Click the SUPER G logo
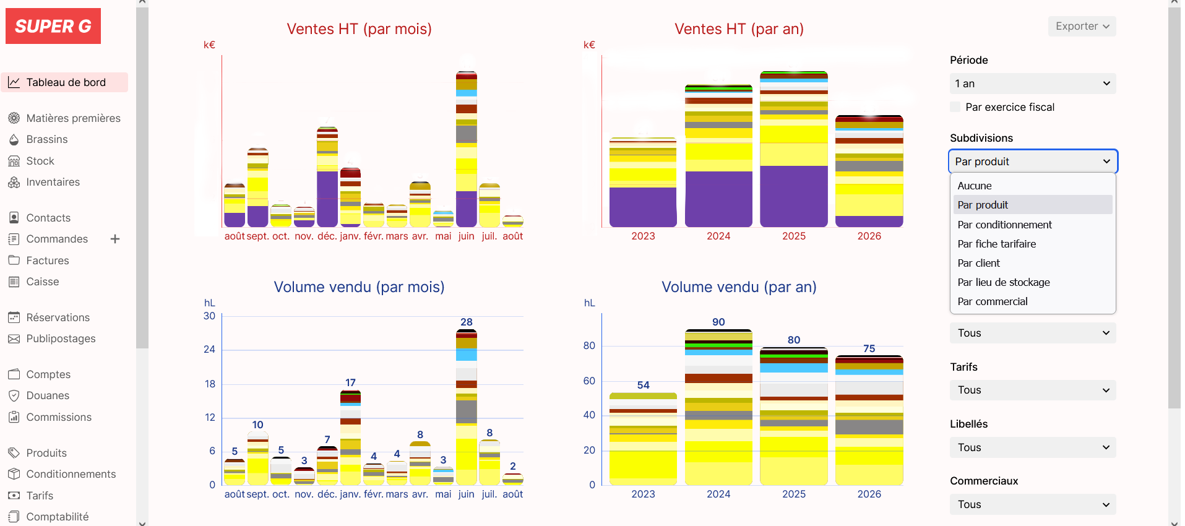pyautogui.click(x=53, y=26)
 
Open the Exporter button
pyautogui.click(x=1082, y=26)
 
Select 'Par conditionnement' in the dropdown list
pyautogui.click(x=1004, y=225)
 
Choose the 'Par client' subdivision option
pyautogui.click(x=978, y=263)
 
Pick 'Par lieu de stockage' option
pyautogui.click(x=1003, y=282)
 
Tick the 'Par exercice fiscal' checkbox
pyautogui.click(x=955, y=107)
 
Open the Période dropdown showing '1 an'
pyautogui.click(x=1033, y=84)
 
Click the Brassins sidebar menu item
pyautogui.click(x=47, y=139)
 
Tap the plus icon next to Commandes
pyautogui.click(x=115, y=239)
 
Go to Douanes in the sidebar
pyautogui.click(x=48, y=395)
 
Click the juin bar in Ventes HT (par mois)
pyautogui.click(x=467, y=149)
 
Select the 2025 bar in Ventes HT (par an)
pyautogui.click(x=794, y=149)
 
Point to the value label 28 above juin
pyautogui.click(x=467, y=322)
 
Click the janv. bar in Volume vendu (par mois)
pyautogui.click(x=350, y=438)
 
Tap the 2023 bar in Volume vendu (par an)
pyautogui.click(x=643, y=439)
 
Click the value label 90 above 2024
pyautogui.click(x=718, y=322)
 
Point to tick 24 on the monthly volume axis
pyautogui.click(x=210, y=349)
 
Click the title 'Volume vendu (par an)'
pyautogui.click(x=739, y=287)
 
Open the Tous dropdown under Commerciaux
pyautogui.click(x=1033, y=504)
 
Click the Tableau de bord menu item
pyautogui.click(x=65, y=82)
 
